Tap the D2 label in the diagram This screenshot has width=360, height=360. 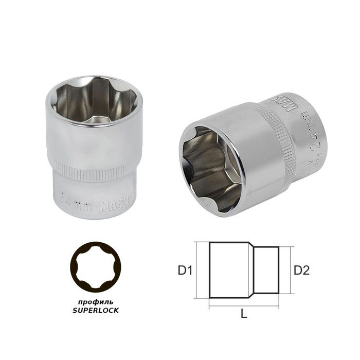301,269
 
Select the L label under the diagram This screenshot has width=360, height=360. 244,314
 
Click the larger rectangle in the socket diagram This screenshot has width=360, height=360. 230,270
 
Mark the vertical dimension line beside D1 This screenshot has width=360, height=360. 198,270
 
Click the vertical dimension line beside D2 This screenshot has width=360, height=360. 291,270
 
